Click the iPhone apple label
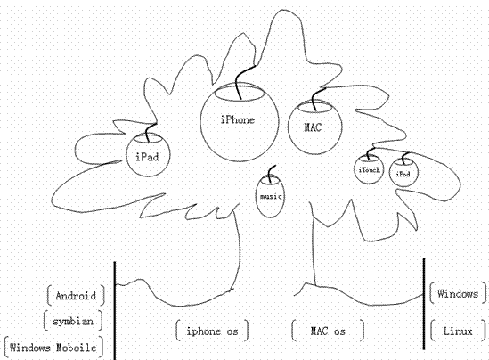click(x=238, y=119)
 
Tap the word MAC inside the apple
click(x=313, y=127)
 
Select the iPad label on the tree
click(x=147, y=157)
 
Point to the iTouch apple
click(x=369, y=169)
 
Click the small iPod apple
click(x=403, y=173)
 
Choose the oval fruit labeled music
click(x=270, y=196)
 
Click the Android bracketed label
click(x=76, y=296)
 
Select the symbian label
click(x=73, y=321)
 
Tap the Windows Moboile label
click(x=53, y=348)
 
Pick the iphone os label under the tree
click(x=212, y=331)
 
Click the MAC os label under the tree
click(x=328, y=331)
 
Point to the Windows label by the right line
click(x=458, y=293)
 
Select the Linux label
click(x=458, y=331)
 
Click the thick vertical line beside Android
click(x=114, y=311)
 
